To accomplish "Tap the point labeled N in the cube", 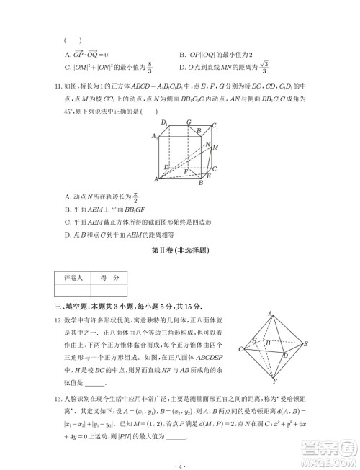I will coord(207,145).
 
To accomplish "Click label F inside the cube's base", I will coord(186,171).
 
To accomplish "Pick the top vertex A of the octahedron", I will coord(270,314).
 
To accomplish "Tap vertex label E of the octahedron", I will coord(306,345).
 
